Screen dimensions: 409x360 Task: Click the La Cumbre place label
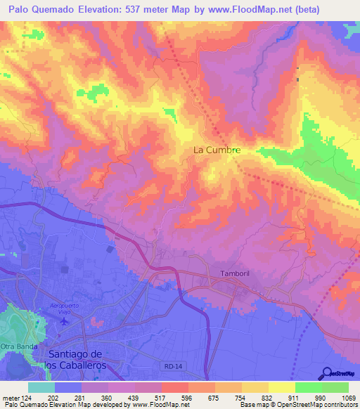coord(217,150)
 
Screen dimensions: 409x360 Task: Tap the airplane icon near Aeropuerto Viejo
coord(65,322)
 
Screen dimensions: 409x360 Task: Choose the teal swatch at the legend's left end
coord(41,387)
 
